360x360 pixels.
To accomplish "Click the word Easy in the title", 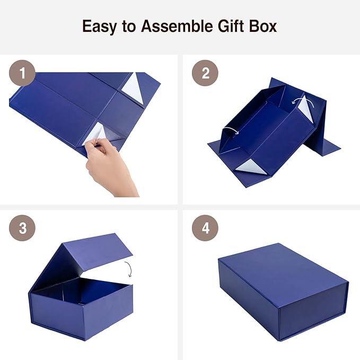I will click(99, 26).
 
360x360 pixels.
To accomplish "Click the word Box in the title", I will click(264, 26).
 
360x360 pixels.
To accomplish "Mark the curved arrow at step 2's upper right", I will click(301, 101).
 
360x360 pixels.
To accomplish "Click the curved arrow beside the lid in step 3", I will click(128, 268).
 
